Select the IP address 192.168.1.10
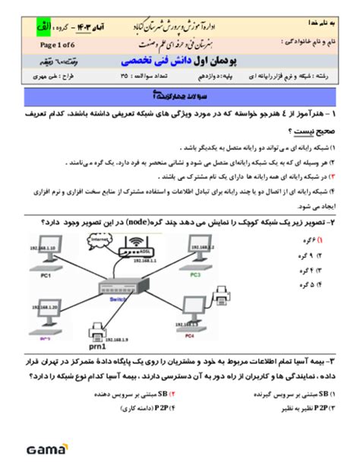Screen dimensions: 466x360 point(44,248)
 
